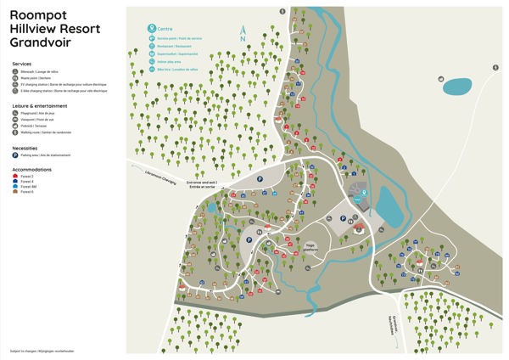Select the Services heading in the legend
(x=22, y=64)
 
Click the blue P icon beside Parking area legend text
(x=15, y=155)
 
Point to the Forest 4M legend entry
(x=29, y=186)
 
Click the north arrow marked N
(x=242, y=35)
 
